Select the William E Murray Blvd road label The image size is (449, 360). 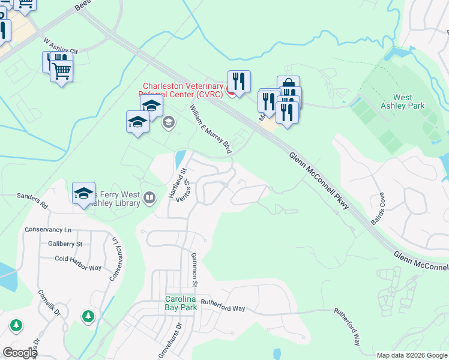211,130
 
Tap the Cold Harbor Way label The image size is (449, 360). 78,259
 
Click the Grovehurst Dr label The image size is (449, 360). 178,339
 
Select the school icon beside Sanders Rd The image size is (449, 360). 84,193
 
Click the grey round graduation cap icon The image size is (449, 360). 169,123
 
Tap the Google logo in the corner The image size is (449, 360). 20,353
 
